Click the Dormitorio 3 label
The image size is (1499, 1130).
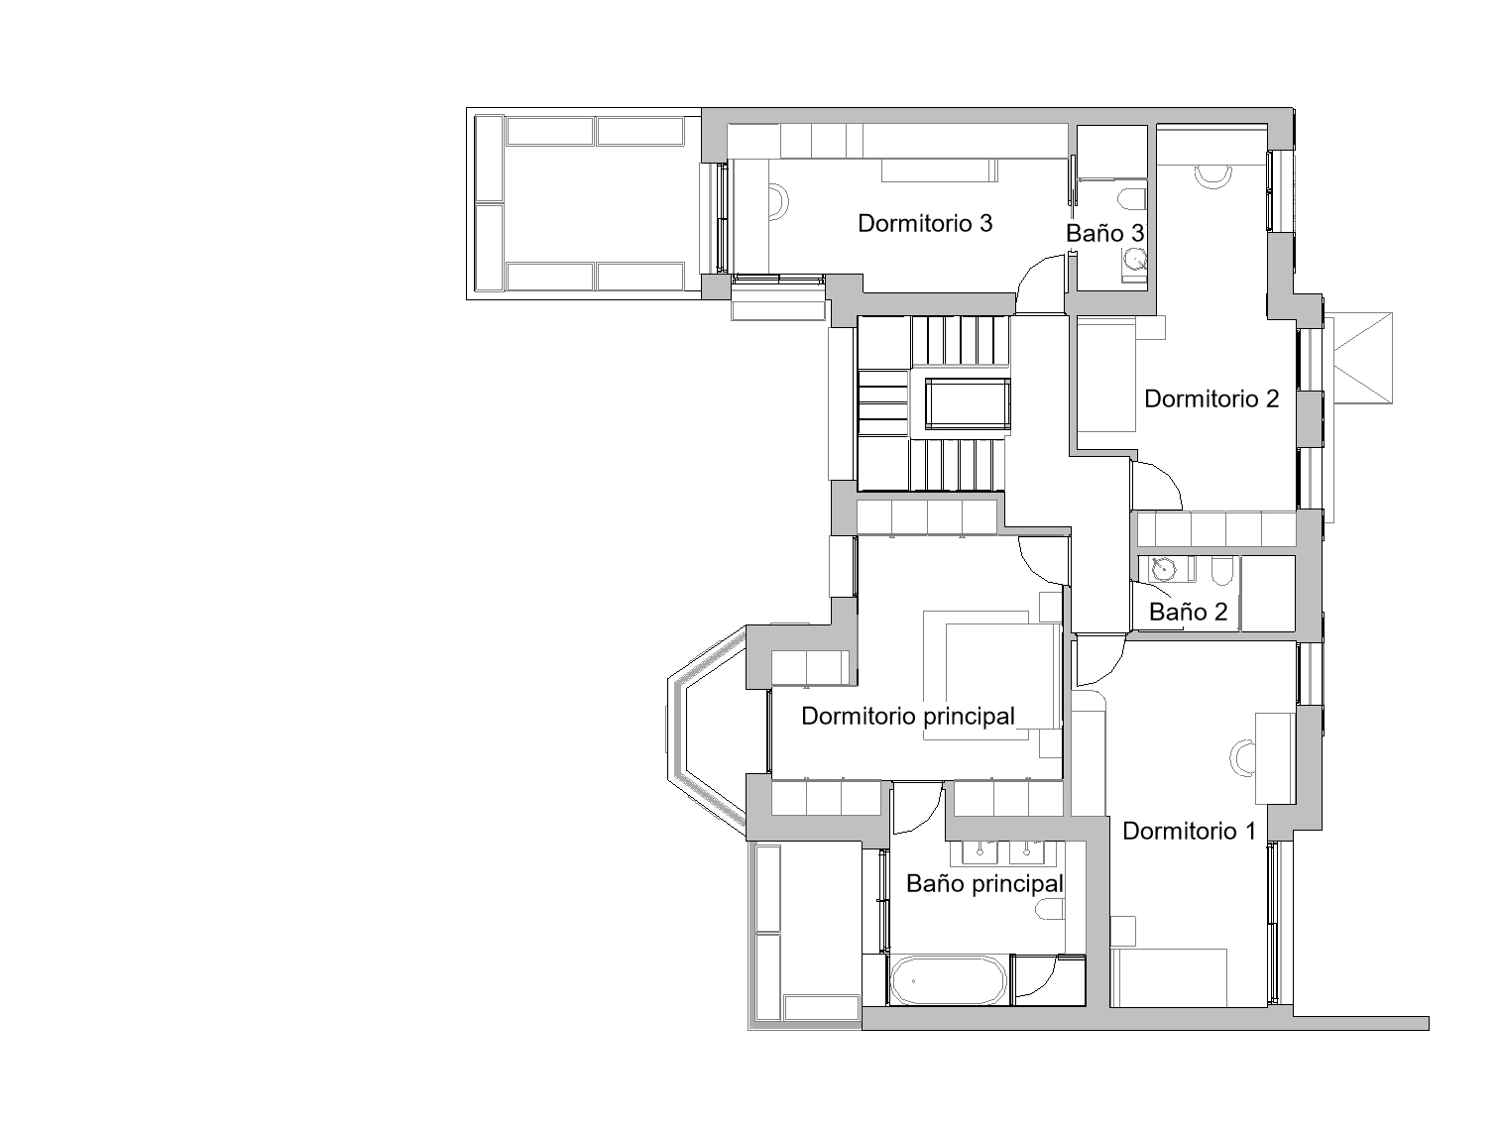[x=924, y=223]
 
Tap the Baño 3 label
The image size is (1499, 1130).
[x=1104, y=234]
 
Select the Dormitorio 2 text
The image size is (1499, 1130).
[x=1211, y=398]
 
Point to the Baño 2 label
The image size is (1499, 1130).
[x=1188, y=612]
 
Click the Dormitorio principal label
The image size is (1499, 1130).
[x=907, y=717]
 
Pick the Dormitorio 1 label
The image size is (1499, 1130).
[x=1189, y=831]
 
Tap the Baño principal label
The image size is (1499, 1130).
[x=984, y=884]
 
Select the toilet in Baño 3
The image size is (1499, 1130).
[x=1133, y=198]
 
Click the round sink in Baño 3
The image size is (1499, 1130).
[x=1136, y=261]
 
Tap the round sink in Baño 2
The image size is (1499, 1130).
[x=1163, y=568]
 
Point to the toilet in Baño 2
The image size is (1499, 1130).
[x=1221, y=572]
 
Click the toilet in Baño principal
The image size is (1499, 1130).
[x=1050, y=910]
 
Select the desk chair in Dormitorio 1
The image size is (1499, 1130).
[x=1241, y=757]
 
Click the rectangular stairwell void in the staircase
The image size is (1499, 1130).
[x=967, y=403]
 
